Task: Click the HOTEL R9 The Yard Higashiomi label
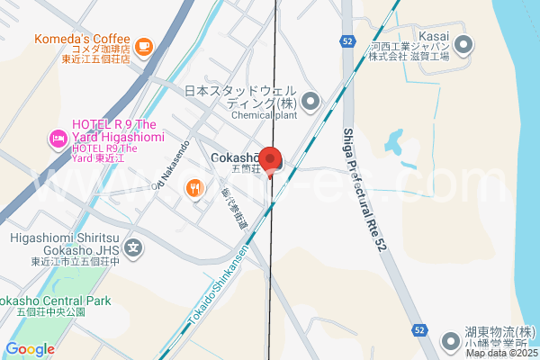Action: (x=117, y=138)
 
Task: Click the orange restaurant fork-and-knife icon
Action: (x=194, y=188)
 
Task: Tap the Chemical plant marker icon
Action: (x=310, y=101)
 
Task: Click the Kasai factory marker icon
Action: (x=464, y=43)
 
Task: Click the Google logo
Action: (x=30, y=349)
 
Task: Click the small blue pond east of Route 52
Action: (x=393, y=139)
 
